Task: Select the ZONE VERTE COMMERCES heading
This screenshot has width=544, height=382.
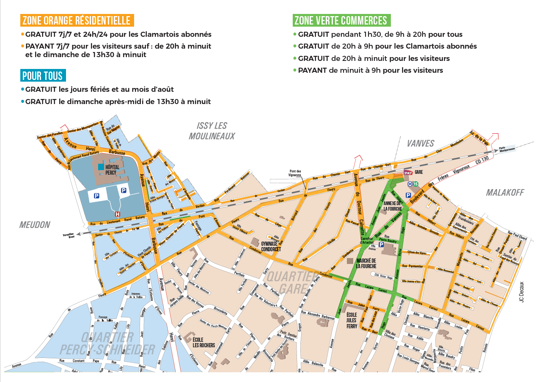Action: [341, 20]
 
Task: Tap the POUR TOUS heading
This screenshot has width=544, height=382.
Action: [43, 76]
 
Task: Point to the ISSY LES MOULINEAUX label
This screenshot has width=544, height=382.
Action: [212, 131]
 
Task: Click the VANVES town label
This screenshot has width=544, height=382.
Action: [420, 143]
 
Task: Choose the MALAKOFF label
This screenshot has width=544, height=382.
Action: [505, 192]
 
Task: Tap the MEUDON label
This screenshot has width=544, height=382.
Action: [35, 225]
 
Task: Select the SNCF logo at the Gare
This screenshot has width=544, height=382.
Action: [408, 173]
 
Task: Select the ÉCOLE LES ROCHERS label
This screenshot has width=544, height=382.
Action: [203, 342]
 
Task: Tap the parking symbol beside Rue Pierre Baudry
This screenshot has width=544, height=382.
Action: [381, 245]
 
